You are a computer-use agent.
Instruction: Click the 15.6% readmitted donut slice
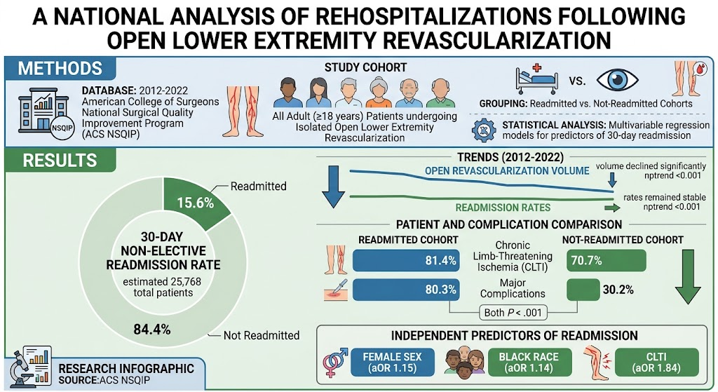click(x=195, y=201)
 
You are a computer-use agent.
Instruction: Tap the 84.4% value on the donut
click(x=152, y=330)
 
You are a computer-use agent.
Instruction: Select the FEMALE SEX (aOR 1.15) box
click(x=393, y=363)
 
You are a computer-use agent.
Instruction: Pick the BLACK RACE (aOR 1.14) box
click(x=529, y=363)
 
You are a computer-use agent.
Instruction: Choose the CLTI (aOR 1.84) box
click(x=656, y=363)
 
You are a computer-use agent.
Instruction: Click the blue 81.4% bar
click(x=406, y=261)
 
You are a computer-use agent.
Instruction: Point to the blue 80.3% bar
click(x=406, y=290)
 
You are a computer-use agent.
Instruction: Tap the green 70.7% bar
click(x=607, y=261)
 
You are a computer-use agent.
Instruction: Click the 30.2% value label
click(x=618, y=290)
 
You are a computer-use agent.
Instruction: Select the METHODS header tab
click(x=60, y=68)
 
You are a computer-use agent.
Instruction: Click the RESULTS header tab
click(x=60, y=161)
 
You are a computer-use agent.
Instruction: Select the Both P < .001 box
click(x=513, y=313)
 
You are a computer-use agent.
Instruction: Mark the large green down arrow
click(x=688, y=276)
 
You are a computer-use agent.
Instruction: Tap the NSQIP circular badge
click(x=62, y=128)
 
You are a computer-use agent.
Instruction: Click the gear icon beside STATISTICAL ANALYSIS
click(x=484, y=130)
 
